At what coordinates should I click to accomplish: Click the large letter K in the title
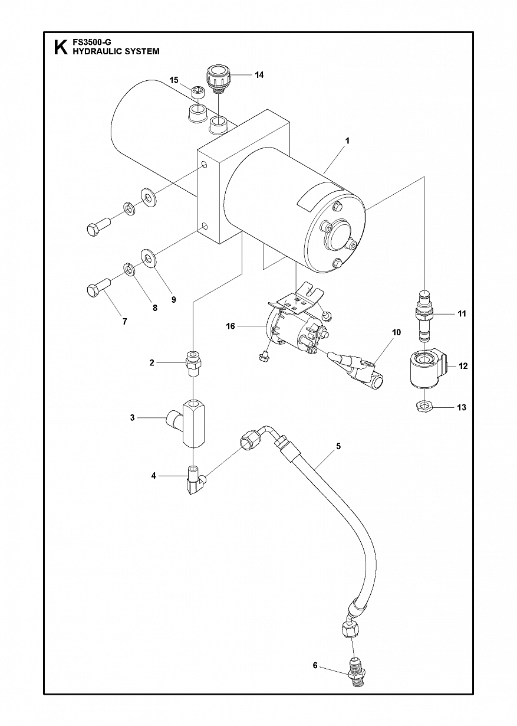[61, 48]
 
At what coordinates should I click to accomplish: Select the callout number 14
[259, 75]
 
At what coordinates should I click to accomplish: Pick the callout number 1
[347, 141]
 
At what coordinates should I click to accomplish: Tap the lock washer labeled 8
[130, 261]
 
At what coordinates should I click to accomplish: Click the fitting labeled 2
[193, 363]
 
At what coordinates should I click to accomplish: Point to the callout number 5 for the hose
[338, 446]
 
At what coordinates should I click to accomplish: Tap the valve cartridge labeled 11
[423, 315]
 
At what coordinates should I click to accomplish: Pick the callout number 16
[230, 326]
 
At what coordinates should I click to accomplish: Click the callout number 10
[396, 332]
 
